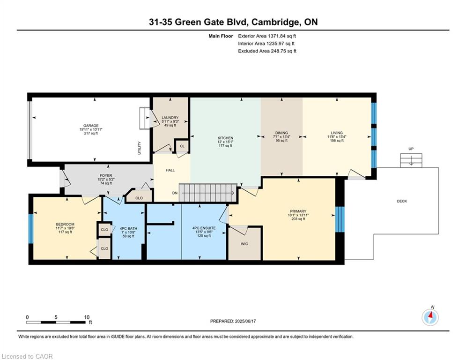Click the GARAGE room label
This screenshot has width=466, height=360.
[x=91, y=126]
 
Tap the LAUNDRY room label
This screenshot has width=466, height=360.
[x=170, y=118]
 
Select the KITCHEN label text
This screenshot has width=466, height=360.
[x=225, y=138]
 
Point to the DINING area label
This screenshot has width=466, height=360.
[x=281, y=133]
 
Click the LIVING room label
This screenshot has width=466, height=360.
[x=337, y=133]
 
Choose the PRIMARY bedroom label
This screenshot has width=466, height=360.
[x=298, y=211]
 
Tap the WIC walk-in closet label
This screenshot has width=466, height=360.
[x=244, y=244]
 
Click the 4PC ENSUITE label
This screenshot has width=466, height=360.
[x=204, y=228]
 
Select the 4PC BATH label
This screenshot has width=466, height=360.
[x=128, y=228]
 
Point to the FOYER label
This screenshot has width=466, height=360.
[x=106, y=175]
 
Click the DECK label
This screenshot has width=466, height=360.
[x=402, y=201]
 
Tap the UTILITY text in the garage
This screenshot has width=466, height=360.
[x=140, y=148]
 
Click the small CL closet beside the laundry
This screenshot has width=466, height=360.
[x=182, y=146]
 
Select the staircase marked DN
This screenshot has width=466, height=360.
[x=208, y=193]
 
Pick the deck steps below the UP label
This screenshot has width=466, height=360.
[x=411, y=160]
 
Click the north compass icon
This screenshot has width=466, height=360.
[x=430, y=317]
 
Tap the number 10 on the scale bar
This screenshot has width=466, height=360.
[x=87, y=317]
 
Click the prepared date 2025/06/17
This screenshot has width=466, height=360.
[x=245, y=321]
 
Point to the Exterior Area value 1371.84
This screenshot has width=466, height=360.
[x=276, y=36]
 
